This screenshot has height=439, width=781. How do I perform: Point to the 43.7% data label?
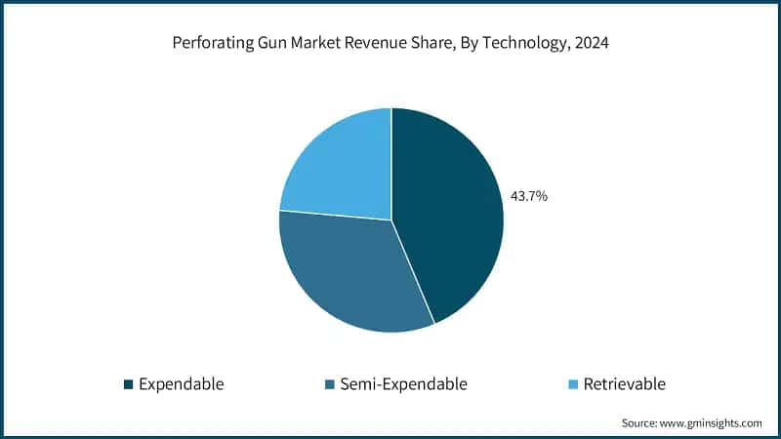529,196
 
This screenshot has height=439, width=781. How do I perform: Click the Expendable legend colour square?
128,384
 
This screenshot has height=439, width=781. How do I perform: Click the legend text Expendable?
182,384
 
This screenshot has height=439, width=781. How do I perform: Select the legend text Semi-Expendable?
403,384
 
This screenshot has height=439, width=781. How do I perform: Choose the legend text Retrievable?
624,384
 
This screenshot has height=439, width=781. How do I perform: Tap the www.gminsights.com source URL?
714,423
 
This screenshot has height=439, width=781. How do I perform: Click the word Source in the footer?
640,423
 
